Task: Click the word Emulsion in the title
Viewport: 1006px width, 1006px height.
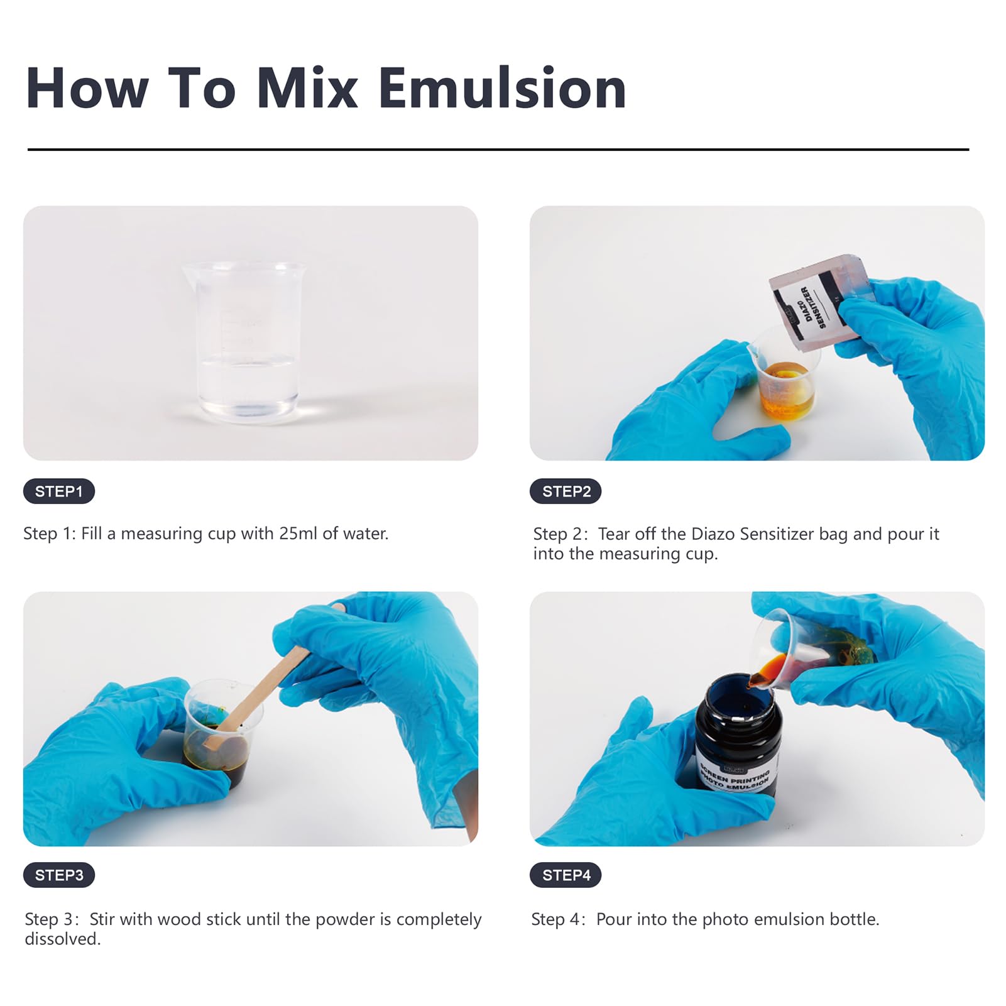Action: point(502,89)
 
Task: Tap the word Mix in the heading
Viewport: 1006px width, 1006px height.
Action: point(307,89)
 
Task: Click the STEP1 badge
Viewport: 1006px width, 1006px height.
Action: point(59,491)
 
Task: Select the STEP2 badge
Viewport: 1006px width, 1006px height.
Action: point(566,491)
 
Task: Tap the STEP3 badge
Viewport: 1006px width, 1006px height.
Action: point(59,875)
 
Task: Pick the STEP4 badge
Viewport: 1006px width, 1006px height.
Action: point(566,875)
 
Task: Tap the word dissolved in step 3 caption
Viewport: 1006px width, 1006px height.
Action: point(62,939)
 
